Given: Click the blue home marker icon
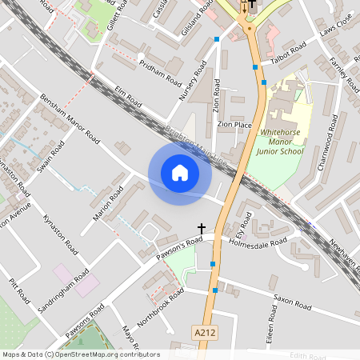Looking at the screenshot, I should tap(180, 173).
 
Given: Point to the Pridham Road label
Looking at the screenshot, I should tap(160, 73).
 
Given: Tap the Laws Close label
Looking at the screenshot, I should tap(335, 31).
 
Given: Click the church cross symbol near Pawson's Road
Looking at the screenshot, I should tap(201, 229).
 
